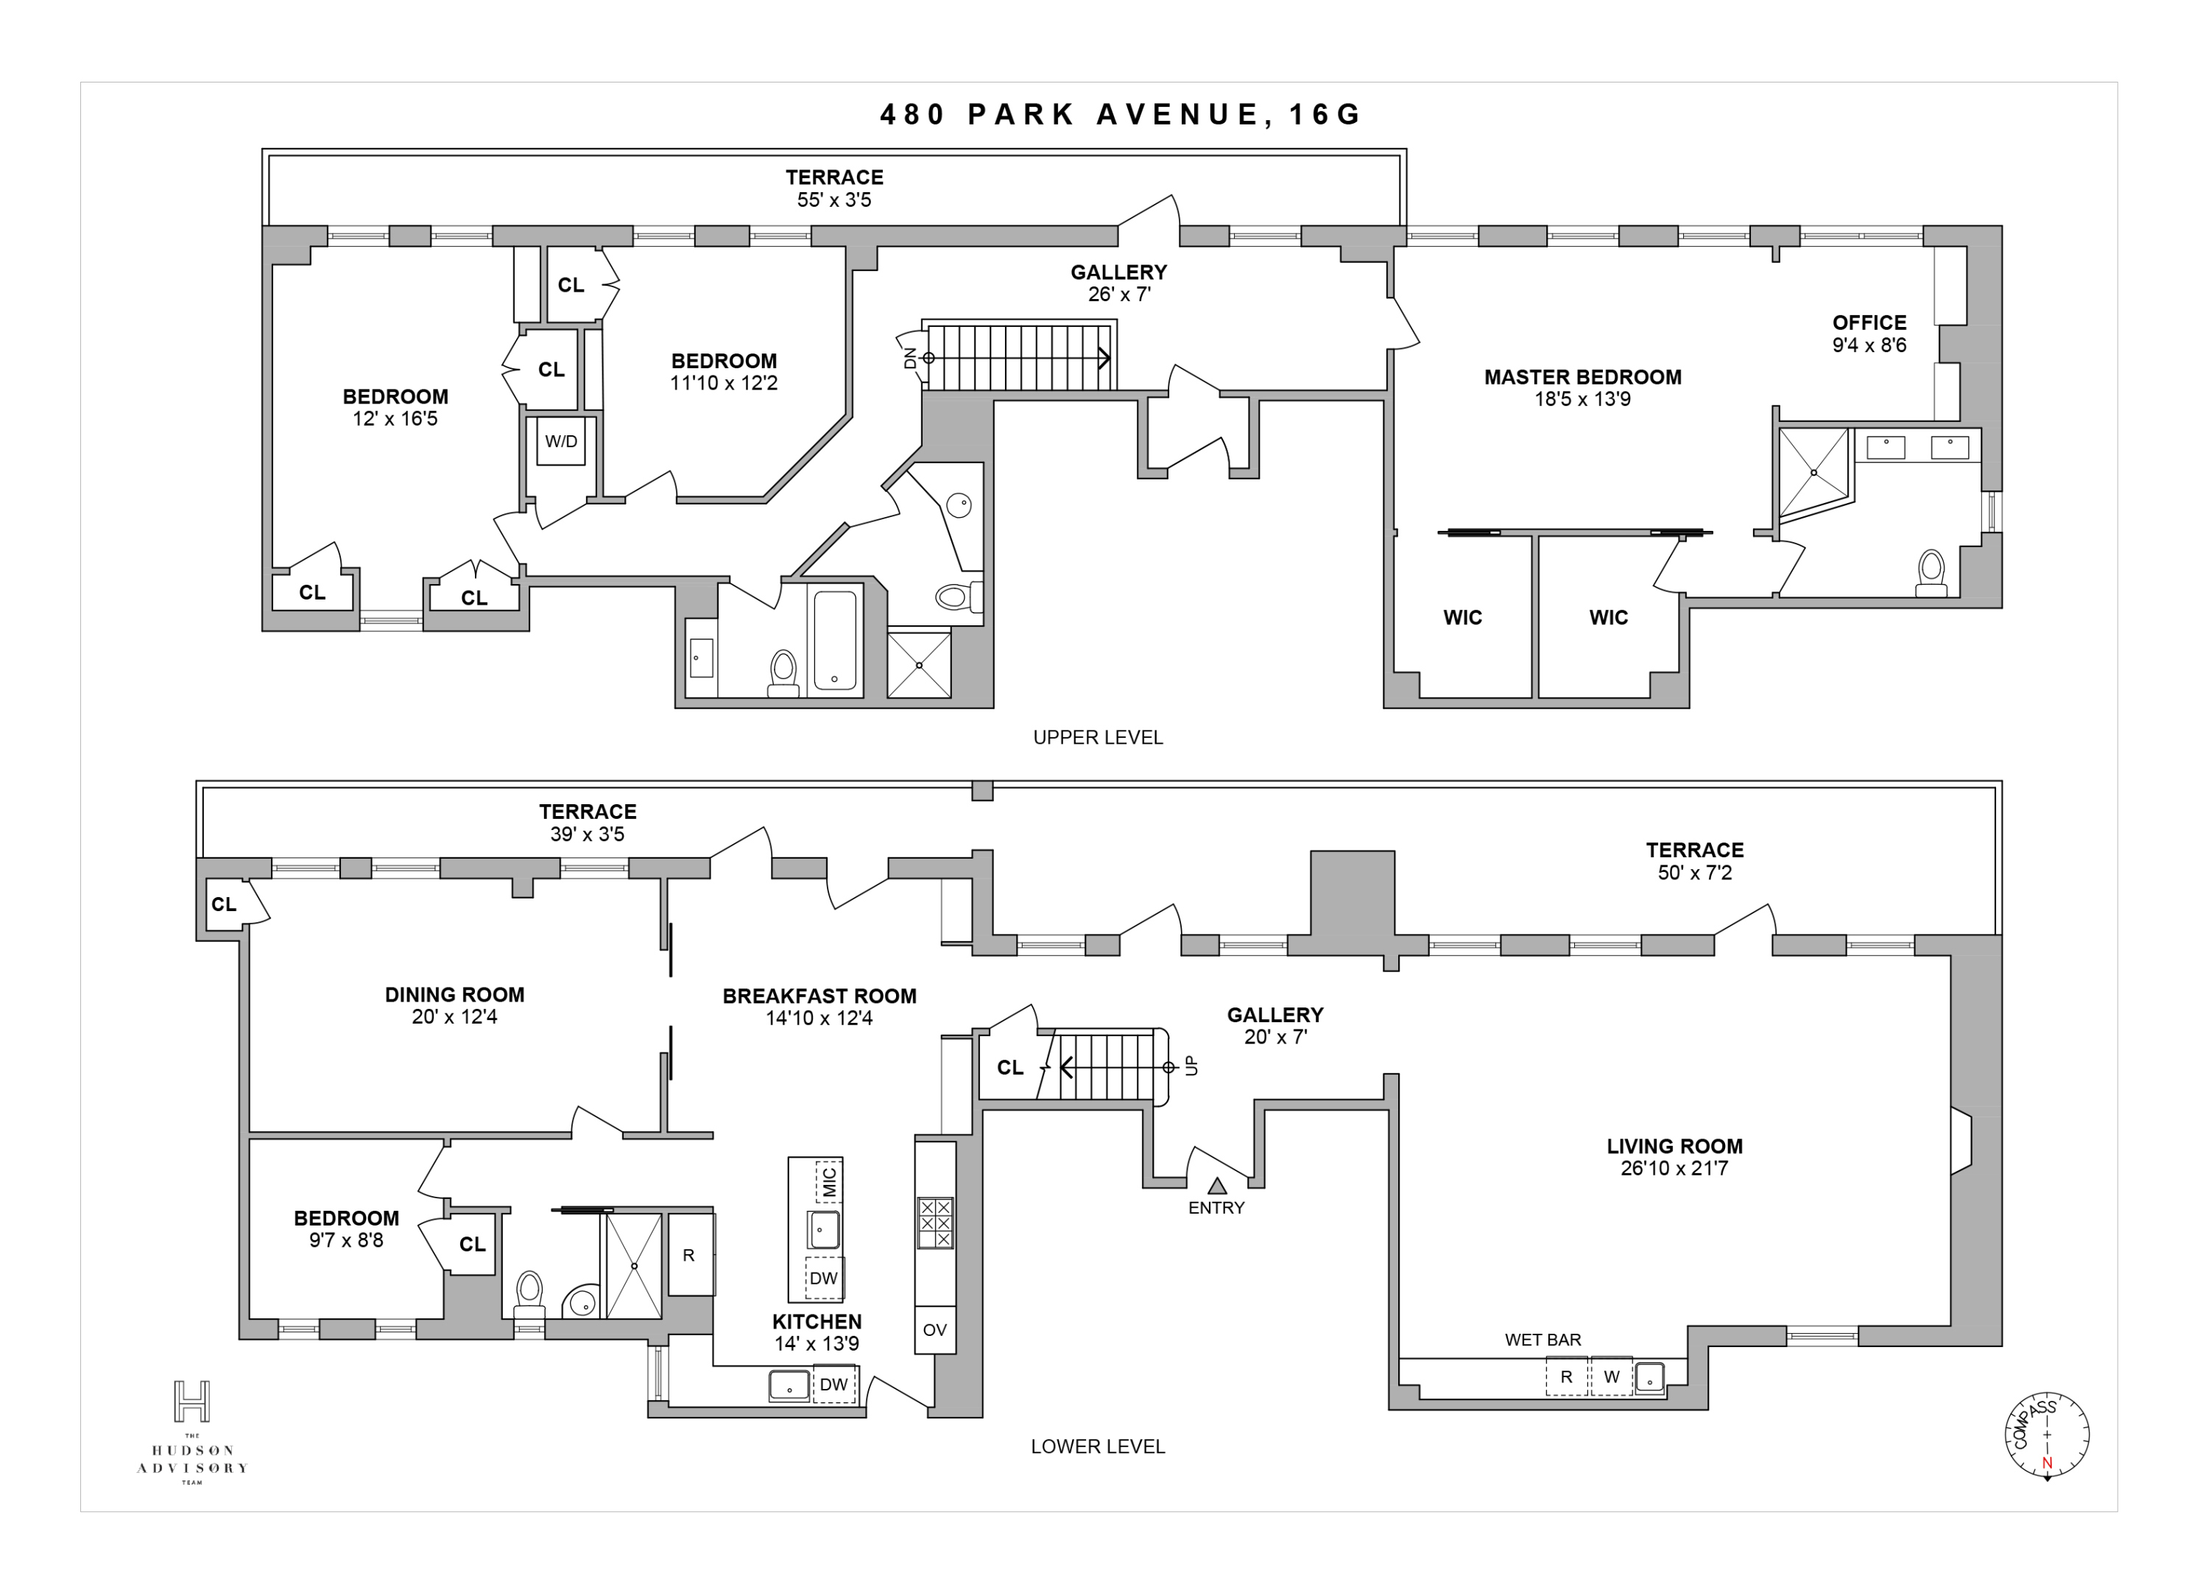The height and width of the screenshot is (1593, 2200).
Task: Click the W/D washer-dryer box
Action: click(x=560, y=443)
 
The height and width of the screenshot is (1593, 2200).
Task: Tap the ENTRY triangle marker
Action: click(x=1216, y=1186)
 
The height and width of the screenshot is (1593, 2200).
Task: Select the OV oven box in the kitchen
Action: click(x=934, y=1329)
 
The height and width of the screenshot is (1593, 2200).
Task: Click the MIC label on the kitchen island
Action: click(x=829, y=1181)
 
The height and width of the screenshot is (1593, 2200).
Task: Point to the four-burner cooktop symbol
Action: click(x=935, y=1223)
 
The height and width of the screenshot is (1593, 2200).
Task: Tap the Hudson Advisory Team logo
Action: click(x=192, y=1431)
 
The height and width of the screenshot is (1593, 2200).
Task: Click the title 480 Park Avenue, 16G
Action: click(x=1121, y=114)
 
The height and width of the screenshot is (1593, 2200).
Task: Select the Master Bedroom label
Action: click(x=1582, y=377)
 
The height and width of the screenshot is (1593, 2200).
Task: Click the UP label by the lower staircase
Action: click(x=1191, y=1066)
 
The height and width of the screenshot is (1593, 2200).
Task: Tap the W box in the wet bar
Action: click(x=1611, y=1376)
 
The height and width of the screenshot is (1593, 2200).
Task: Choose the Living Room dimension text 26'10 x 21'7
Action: click(x=1674, y=1168)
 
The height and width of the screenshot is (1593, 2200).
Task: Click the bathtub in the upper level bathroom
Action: click(x=834, y=639)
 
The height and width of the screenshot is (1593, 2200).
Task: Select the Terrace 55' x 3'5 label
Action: click(x=834, y=189)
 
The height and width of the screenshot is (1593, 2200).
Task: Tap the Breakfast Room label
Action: click(x=819, y=996)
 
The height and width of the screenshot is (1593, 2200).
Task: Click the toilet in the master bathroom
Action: click(x=1931, y=572)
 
